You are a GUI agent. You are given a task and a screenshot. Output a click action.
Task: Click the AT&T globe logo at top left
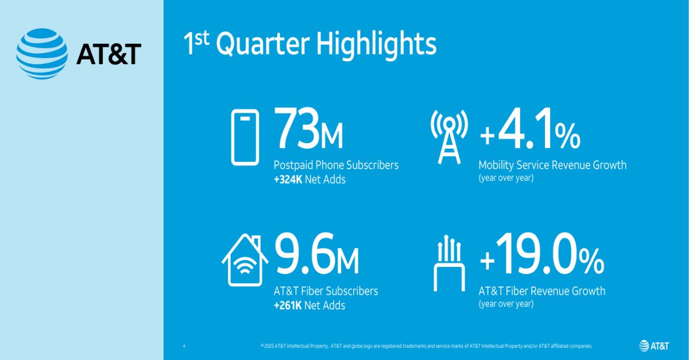[42, 54]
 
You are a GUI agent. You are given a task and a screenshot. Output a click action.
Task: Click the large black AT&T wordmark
[109, 55]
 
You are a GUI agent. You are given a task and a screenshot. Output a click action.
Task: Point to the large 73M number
[308, 130]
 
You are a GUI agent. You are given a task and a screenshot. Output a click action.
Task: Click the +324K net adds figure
[292, 179]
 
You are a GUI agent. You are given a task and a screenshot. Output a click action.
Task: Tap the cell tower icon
[450, 137]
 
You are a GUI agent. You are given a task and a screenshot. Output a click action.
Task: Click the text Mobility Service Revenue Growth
[552, 165]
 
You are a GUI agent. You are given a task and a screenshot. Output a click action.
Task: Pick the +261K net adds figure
[292, 305]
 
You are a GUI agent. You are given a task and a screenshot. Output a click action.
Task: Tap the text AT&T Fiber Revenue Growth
[541, 291]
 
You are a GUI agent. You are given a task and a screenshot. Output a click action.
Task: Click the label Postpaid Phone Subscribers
[336, 165]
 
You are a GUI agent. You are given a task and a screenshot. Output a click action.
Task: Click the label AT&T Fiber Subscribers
[326, 291]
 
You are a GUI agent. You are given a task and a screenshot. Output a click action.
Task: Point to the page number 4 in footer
[184, 346]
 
